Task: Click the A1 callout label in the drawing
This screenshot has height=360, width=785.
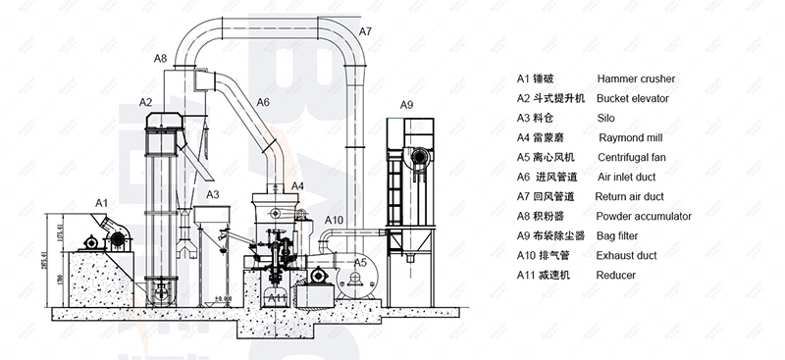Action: coord(101,201)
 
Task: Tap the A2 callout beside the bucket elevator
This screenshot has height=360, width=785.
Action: coord(145,102)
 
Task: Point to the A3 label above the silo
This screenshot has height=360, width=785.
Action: coord(213,195)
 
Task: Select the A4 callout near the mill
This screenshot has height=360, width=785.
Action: coord(297,185)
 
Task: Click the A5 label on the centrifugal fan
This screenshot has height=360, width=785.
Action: coord(360,263)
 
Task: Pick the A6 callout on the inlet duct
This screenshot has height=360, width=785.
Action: coord(263,102)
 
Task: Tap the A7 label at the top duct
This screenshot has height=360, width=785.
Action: coord(365,32)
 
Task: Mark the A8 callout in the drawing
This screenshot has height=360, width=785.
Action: coord(161,60)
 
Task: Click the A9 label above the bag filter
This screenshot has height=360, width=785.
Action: coord(407,105)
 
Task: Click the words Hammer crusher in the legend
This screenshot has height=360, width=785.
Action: coord(636,78)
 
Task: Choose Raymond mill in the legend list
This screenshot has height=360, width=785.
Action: coord(631,137)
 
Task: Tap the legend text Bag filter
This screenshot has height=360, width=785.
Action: coord(620,235)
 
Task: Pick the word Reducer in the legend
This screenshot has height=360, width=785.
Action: coord(616,275)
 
